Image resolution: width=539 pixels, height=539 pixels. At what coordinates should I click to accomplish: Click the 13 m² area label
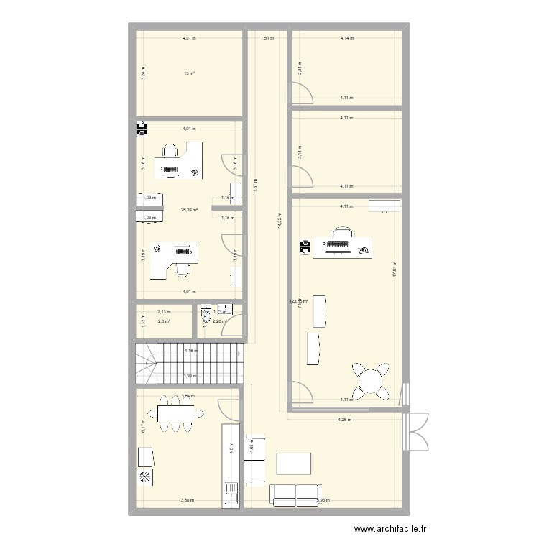point(190,73)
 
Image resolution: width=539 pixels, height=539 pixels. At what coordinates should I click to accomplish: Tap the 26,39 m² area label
point(189,210)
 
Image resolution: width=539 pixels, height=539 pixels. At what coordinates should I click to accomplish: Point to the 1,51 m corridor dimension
point(267,39)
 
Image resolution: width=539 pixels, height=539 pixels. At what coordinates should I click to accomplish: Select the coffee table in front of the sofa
point(294,464)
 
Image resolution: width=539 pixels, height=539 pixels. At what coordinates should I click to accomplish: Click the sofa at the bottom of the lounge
point(293,494)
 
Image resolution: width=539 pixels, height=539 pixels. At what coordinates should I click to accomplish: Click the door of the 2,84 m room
point(302,92)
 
